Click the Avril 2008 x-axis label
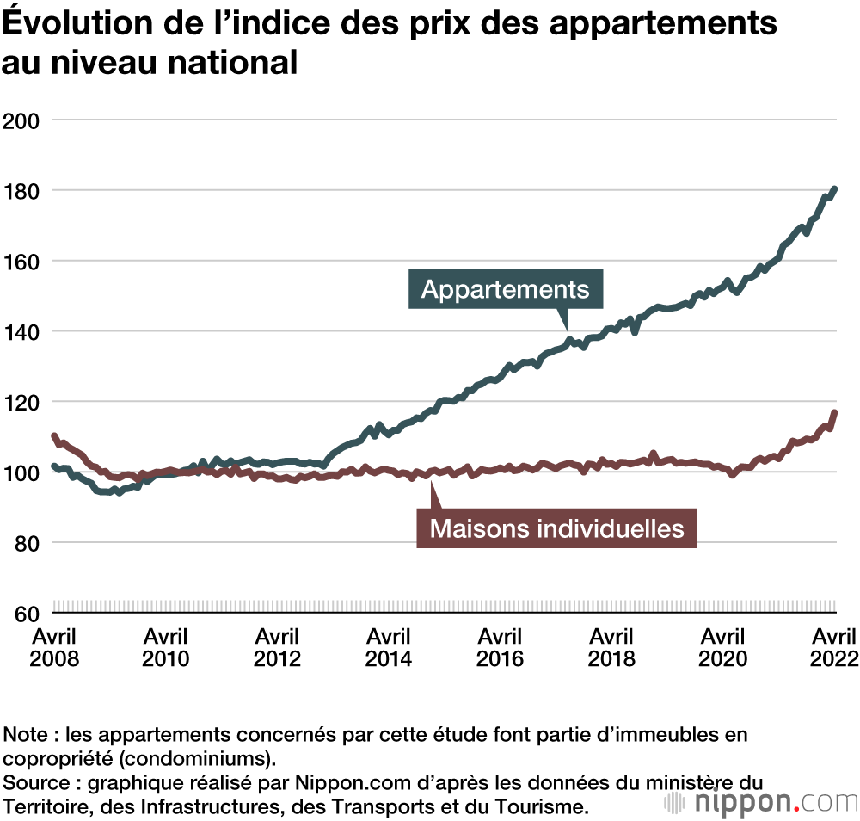coord(54,648)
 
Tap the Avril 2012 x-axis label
coord(277,648)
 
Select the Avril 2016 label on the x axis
coord(500,648)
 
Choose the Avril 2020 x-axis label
coord(722,648)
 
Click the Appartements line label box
coord(505,289)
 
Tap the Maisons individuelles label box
coord(556,528)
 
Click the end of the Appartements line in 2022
coord(834,189)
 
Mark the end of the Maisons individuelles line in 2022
coord(834,413)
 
